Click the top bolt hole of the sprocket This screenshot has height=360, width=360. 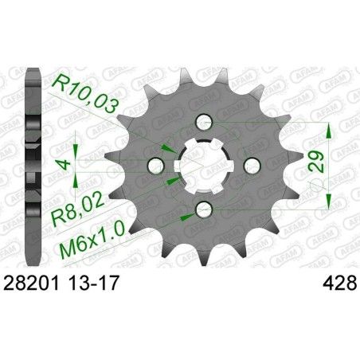point(203,121)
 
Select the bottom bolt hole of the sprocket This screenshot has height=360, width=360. point(203,208)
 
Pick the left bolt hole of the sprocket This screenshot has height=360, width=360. point(159,165)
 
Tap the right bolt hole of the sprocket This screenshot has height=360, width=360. point(247,165)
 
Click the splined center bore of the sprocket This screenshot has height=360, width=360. point(203,165)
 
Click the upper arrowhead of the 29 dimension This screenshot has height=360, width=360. point(326,127)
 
